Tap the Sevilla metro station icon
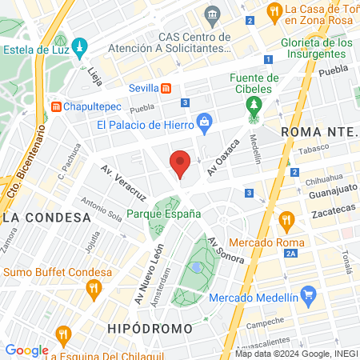click(166, 88)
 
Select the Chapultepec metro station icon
click(57, 106)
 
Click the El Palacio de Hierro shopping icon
click(205, 123)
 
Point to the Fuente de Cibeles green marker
click(254, 106)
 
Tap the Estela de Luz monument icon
click(78, 47)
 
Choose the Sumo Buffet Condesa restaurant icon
click(94, 288)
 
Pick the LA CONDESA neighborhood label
click(46, 218)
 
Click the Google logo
click(26, 350)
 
